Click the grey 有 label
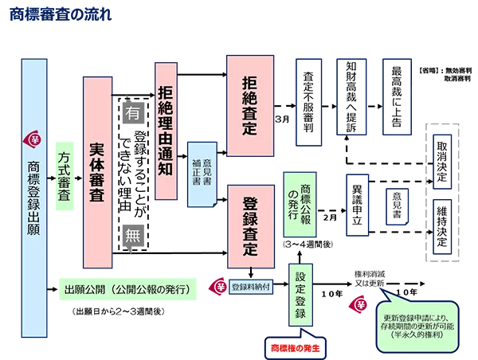[133, 114]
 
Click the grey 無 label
[132, 236]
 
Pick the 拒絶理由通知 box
[166, 131]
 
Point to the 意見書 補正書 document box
[201, 175]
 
